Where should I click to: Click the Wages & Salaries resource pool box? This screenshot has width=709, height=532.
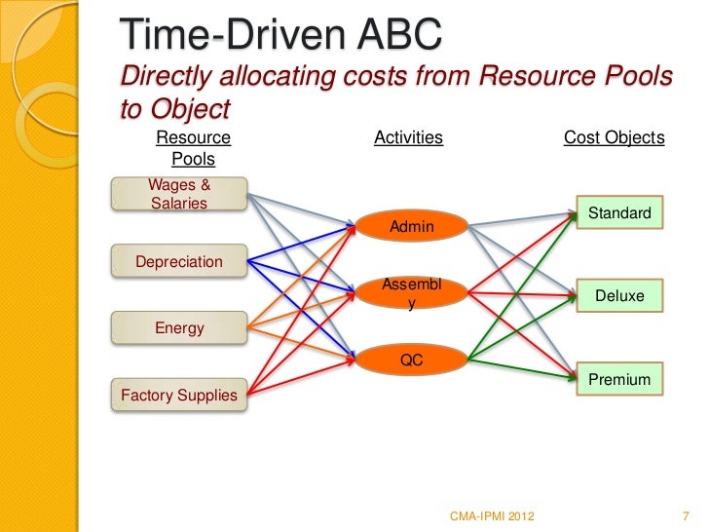pyautogui.click(x=180, y=193)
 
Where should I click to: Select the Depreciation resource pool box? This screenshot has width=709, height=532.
pyautogui.click(x=179, y=261)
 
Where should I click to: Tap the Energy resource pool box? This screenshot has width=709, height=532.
pyautogui.click(x=179, y=328)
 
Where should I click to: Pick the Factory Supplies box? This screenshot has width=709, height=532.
pyautogui.click(x=179, y=395)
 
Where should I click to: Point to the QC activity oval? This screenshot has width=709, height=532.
pyautogui.click(x=411, y=360)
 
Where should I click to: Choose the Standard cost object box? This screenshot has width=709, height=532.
pyautogui.click(x=619, y=212)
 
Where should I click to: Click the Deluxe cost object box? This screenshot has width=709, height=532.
pyautogui.click(x=619, y=294)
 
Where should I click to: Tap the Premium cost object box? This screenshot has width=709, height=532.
pyautogui.click(x=619, y=379)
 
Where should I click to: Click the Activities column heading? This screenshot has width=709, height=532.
pyautogui.click(x=408, y=138)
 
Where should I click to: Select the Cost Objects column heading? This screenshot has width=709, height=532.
pyautogui.click(x=614, y=138)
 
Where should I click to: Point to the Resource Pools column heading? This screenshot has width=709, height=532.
pyautogui.click(x=193, y=148)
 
